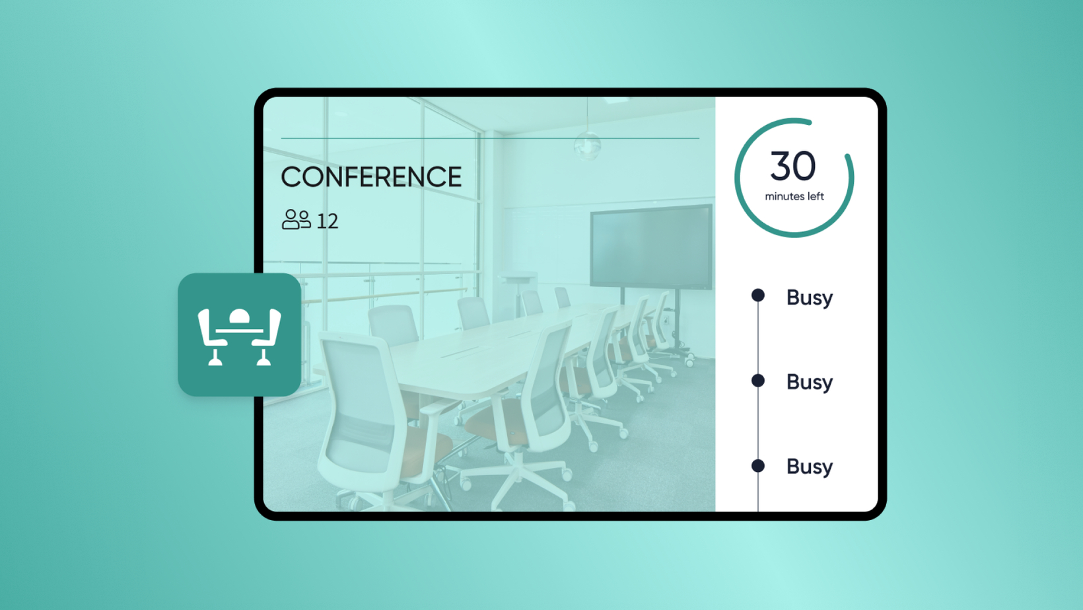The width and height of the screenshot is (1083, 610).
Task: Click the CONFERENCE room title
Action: point(371,176)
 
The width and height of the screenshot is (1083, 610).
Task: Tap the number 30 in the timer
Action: point(793,166)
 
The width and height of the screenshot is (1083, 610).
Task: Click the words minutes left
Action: point(794,196)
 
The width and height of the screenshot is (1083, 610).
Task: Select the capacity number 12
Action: point(328,221)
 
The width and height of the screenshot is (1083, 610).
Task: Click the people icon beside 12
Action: point(296,219)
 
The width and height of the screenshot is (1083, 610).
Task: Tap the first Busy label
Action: point(810,298)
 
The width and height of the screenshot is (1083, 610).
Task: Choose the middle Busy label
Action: point(810,383)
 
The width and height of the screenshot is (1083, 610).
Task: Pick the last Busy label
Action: point(810,467)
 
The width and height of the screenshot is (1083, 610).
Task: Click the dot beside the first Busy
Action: point(758,295)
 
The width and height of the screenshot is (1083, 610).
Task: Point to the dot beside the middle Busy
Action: point(758,381)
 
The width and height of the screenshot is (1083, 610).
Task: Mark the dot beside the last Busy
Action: point(758,466)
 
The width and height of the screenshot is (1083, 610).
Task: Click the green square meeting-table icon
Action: point(239,335)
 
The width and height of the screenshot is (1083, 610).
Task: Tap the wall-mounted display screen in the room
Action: point(650,247)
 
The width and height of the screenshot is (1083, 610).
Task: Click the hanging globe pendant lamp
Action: point(588,145)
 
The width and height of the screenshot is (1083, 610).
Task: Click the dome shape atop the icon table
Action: point(239,316)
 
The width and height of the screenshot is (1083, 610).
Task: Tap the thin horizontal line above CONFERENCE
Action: point(490,138)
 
